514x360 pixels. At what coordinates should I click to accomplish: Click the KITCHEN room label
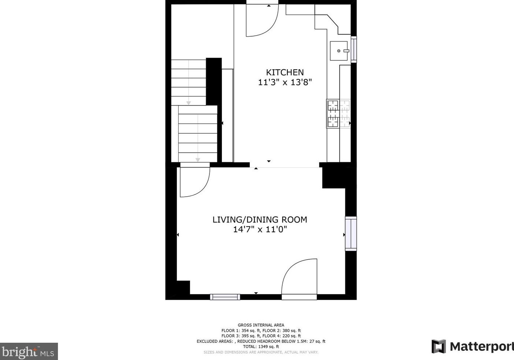click(285, 72)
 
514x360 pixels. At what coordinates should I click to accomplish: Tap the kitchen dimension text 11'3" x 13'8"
click(285, 82)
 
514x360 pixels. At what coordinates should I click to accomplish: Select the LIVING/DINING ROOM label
click(260, 220)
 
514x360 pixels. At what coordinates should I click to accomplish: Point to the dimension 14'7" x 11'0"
click(260, 229)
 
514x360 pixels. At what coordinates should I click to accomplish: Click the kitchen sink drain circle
click(339, 51)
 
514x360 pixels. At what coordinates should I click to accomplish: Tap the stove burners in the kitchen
click(339, 114)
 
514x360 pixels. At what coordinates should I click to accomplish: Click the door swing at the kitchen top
click(262, 20)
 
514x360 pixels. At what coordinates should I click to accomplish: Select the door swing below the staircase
click(195, 182)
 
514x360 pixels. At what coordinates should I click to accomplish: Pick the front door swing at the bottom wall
click(299, 277)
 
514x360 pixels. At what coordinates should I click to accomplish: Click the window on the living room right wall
click(351, 234)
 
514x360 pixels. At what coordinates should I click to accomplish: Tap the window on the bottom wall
click(225, 297)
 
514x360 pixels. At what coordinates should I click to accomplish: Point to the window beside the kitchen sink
click(354, 49)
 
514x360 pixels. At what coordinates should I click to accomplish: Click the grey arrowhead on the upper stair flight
click(189, 103)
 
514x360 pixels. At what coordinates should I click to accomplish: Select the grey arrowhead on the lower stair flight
click(198, 160)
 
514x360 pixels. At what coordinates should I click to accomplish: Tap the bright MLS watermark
click(29, 351)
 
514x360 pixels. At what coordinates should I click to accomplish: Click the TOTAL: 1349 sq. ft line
click(261, 347)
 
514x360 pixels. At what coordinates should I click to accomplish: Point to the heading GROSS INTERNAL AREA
click(261, 325)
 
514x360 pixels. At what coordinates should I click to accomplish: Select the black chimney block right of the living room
click(337, 176)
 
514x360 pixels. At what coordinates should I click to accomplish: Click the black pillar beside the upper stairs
click(214, 82)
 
